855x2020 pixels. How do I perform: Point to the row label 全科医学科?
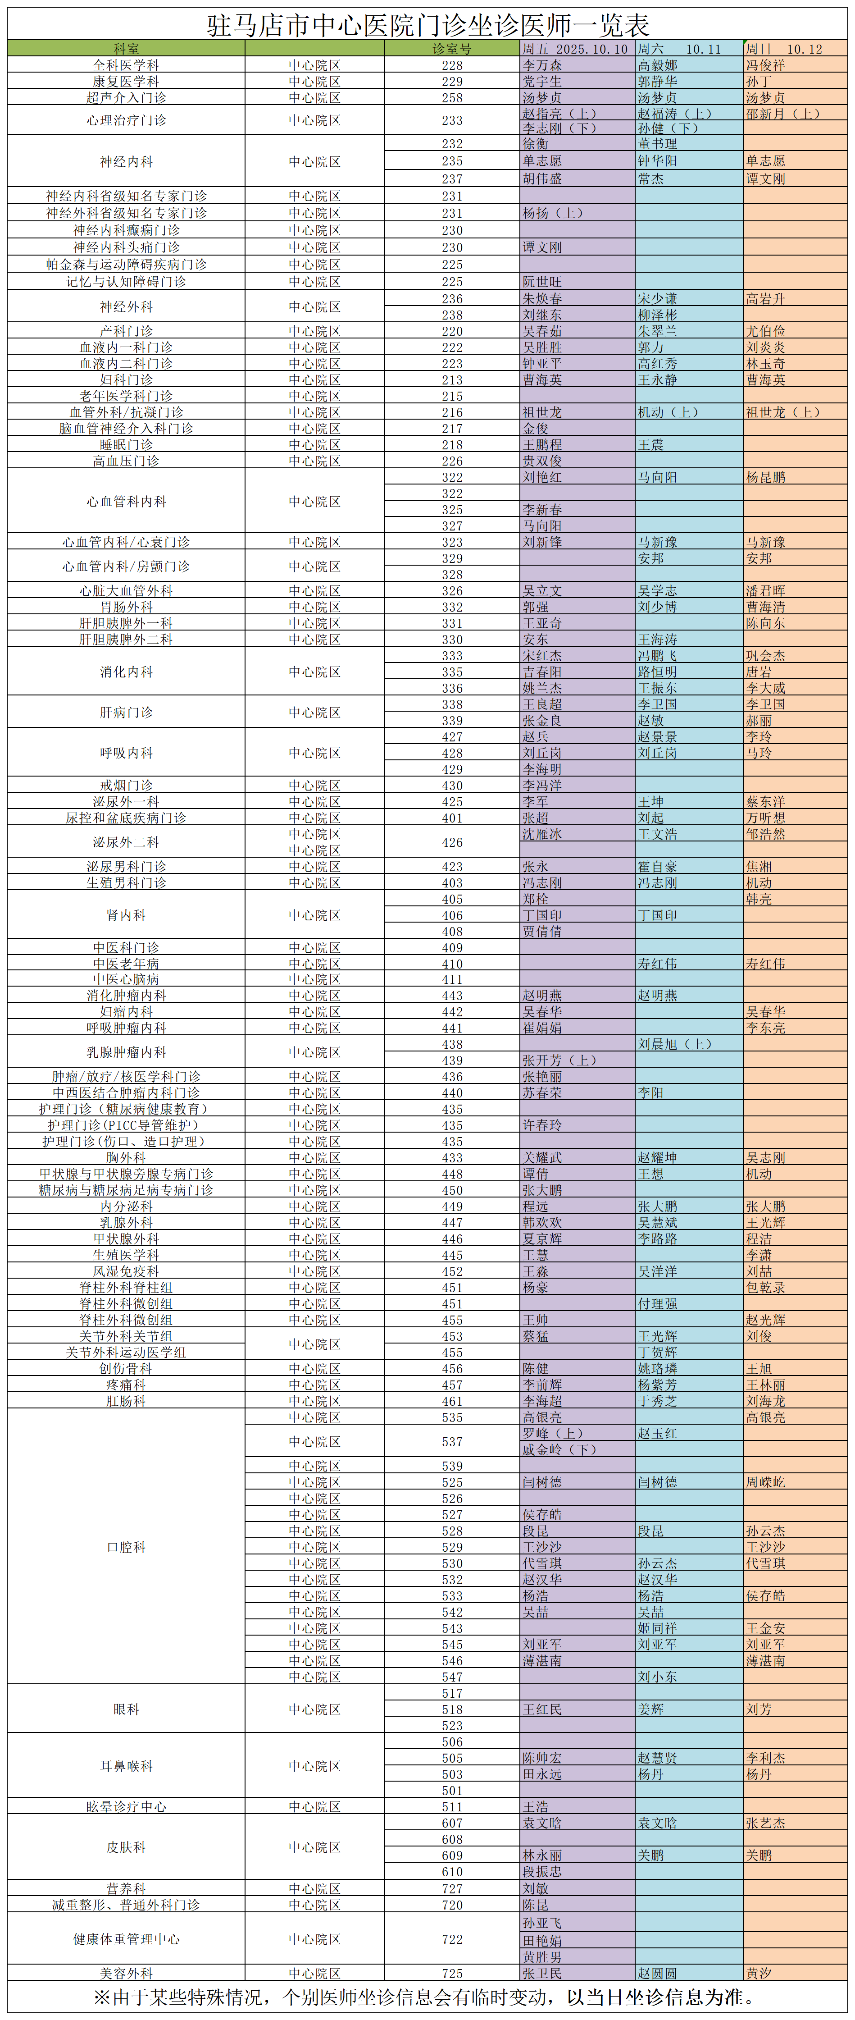[x=126, y=65]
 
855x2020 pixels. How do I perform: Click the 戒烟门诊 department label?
[x=126, y=785]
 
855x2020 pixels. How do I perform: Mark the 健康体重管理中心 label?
[x=126, y=1939]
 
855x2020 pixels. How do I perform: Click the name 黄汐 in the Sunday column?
[x=759, y=1974]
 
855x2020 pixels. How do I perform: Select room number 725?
[x=452, y=1974]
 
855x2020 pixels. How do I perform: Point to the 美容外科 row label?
[x=126, y=1974]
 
